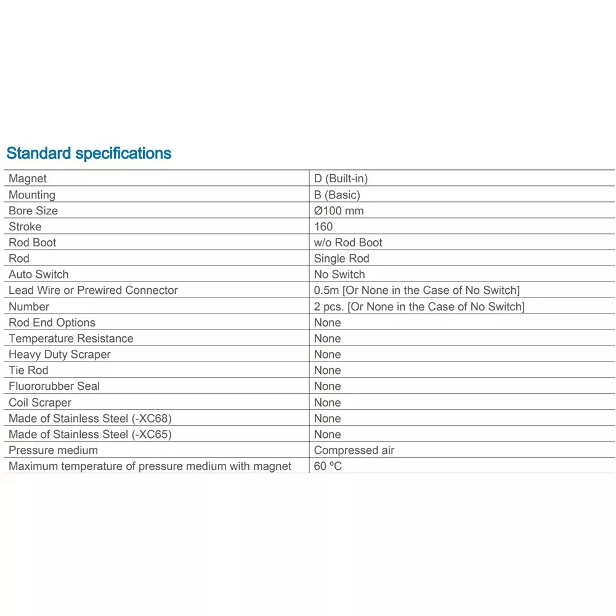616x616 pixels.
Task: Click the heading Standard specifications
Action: (x=89, y=153)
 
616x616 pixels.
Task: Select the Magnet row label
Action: (x=28, y=179)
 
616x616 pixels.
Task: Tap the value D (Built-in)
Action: (x=341, y=179)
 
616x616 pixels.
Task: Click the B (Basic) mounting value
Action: (x=337, y=195)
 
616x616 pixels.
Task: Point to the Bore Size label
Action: (x=33, y=211)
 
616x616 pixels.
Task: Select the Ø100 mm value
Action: (x=339, y=211)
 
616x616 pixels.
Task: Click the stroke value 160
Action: (x=323, y=227)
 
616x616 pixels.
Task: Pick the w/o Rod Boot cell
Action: (x=348, y=243)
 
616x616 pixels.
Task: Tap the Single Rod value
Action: (x=341, y=259)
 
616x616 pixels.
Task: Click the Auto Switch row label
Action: (x=39, y=275)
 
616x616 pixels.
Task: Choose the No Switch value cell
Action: (x=339, y=275)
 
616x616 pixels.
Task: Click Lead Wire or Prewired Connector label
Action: (x=93, y=291)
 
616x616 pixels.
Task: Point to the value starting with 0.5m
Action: (x=416, y=291)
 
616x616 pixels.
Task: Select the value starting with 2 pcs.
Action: (x=419, y=307)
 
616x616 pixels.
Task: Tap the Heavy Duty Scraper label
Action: (x=60, y=355)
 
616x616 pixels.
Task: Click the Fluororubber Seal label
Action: (x=54, y=386)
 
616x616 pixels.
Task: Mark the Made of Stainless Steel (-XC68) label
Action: (x=90, y=418)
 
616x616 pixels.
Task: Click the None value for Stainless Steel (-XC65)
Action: (x=327, y=434)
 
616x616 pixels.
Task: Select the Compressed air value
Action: (x=354, y=450)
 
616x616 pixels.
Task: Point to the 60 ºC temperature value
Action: (x=328, y=466)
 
